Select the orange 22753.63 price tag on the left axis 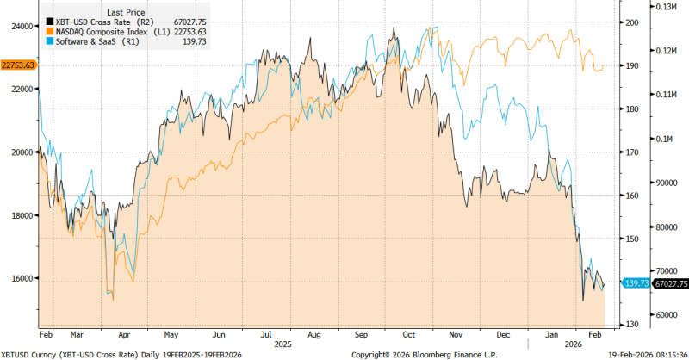(17, 65)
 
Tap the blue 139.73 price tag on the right (636, 282)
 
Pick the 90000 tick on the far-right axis (665, 183)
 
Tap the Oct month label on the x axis (410, 332)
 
